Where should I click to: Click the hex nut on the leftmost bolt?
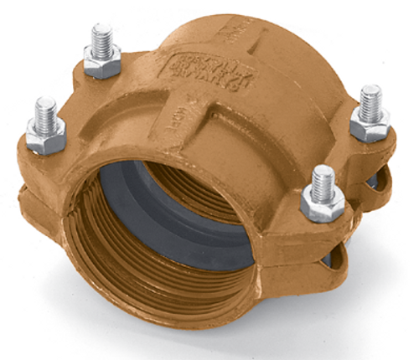click(45, 138)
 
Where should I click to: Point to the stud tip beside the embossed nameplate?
click(102, 38)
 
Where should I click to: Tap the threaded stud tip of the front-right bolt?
click(323, 177)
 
